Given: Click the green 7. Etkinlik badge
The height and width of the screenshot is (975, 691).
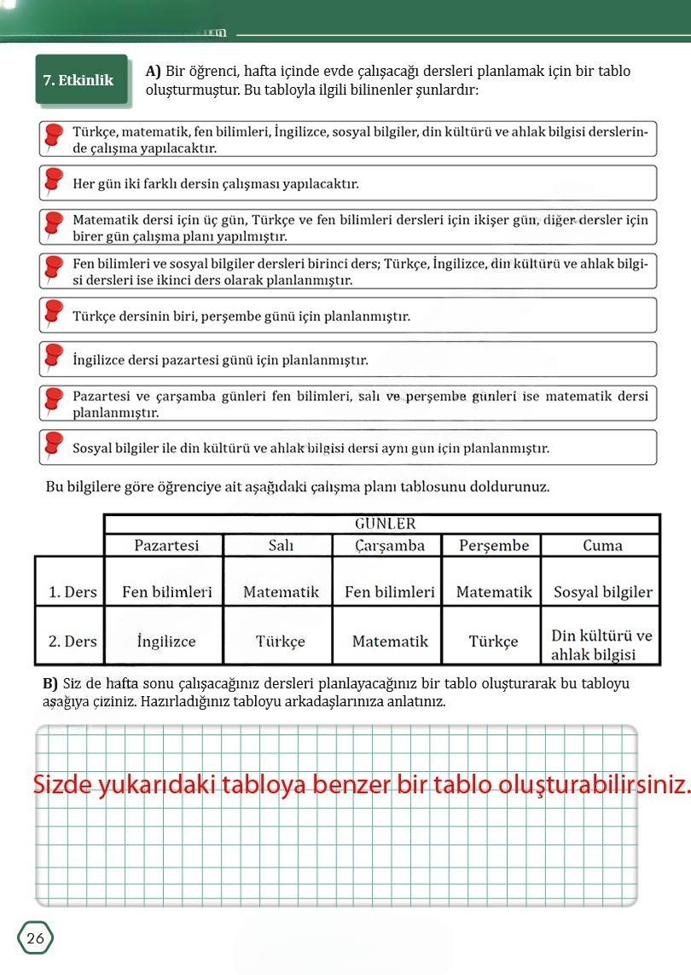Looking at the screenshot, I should [78, 80].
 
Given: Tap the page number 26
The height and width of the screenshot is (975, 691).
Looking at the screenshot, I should [36, 938].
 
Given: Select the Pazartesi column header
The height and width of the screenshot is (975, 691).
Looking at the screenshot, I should [166, 545].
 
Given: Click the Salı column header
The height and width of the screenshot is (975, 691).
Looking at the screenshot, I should [281, 545].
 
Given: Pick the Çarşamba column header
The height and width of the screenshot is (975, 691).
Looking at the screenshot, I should [390, 545].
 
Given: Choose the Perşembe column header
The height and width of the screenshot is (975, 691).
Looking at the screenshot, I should [494, 545].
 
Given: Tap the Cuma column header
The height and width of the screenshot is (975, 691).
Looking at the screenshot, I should [602, 545].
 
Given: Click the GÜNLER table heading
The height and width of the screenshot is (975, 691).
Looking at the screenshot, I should [385, 523].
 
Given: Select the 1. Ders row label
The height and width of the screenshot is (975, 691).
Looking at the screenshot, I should [73, 592].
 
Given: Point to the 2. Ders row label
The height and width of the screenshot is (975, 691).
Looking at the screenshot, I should [73, 641].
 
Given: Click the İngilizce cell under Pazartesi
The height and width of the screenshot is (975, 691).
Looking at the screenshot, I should [166, 641].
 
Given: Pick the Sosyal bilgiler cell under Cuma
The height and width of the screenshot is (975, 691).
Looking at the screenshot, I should [602, 592].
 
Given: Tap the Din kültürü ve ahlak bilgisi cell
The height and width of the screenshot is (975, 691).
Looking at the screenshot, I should [601, 646].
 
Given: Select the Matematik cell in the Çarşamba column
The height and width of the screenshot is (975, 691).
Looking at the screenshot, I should [390, 641].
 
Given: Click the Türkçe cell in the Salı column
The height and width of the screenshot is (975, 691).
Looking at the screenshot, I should [281, 641].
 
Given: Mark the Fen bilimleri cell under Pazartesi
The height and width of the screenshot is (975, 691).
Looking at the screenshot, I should [166, 592].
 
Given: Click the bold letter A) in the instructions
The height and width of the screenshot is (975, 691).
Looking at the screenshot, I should [154, 72].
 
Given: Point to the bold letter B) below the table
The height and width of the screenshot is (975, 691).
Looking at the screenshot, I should [49, 684].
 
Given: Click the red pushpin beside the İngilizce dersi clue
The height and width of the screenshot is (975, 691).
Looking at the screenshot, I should [54, 358].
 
